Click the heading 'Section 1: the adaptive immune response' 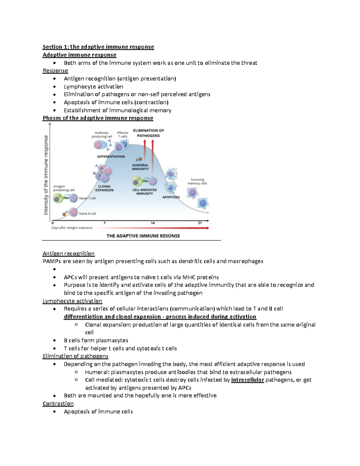point(98,47)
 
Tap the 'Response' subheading point(55,71)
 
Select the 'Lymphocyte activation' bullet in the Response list point(93,87)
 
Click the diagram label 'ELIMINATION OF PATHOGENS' point(148,133)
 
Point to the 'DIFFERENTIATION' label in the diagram point(111,156)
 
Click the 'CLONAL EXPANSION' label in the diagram point(104,188)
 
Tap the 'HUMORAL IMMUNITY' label point(140,167)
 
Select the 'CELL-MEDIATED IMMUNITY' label point(145,192)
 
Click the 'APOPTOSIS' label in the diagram point(171,197)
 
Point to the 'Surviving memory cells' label point(197,182)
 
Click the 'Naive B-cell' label point(87,214)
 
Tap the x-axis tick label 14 point(153,223)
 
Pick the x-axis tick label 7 point(104,223)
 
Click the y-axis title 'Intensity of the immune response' point(46,175)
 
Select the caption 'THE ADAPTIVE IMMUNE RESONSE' point(143,236)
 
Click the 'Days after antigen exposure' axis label point(72,228)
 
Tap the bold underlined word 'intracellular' point(247,380)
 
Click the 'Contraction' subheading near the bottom point(58,404)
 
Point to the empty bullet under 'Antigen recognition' point(54,269)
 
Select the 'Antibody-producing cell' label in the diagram point(102,134)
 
